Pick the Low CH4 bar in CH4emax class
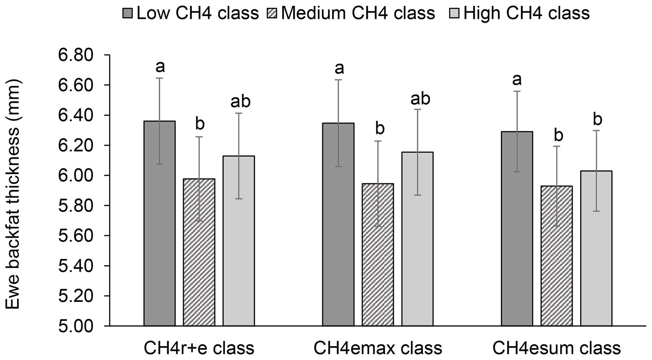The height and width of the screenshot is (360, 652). click(x=338, y=224)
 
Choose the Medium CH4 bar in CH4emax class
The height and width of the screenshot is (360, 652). click(x=378, y=255)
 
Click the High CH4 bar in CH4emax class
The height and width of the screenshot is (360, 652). click(x=417, y=239)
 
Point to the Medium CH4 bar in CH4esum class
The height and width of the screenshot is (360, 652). click(x=557, y=256)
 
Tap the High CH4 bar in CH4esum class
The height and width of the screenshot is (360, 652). click(x=596, y=248)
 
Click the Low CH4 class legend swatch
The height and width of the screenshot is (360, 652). click(x=128, y=14)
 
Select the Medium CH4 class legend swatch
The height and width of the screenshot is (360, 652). click(x=272, y=14)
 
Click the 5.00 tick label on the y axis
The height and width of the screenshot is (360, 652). click(x=76, y=326)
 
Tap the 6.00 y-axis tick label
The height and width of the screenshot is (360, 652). click(x=76, y=176)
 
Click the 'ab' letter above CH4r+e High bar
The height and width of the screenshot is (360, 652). click(x=240, y=102)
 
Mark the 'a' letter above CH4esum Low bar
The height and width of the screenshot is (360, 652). click(x=517, y=80)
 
